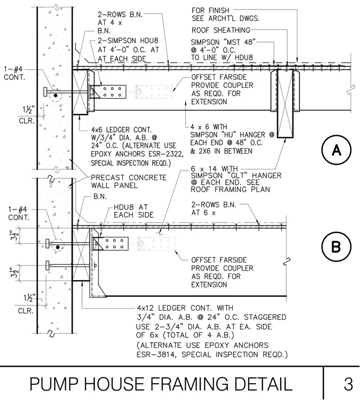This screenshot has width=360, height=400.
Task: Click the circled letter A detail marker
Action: coord(336,150)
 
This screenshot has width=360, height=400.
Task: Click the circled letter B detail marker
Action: coord(336,247)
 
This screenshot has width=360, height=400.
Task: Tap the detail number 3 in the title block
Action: coord(348,384)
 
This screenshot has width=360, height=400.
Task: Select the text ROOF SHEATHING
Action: coord(221,30)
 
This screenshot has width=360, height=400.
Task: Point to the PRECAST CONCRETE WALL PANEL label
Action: coord(128,182)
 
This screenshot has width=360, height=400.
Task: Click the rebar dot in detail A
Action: coord(56,96)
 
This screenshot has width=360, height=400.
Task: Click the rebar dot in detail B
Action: coord(58,247)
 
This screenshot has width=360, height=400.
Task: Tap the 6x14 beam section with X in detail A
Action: coord(285,104)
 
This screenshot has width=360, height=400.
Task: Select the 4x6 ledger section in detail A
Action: coord(81,92)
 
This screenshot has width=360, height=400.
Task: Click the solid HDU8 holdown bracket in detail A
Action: coord(108,92)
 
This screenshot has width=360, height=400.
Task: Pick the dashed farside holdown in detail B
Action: coord(156,244)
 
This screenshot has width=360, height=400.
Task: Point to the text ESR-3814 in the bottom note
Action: coord(156,355)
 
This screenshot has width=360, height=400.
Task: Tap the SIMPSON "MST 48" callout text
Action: coord(223,42)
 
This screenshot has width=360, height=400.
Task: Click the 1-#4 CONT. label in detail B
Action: coord(18,214)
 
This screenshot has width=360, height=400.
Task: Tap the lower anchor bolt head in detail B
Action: coord(47,265)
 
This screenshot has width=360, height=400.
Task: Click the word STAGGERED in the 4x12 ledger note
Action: coord(265,317)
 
